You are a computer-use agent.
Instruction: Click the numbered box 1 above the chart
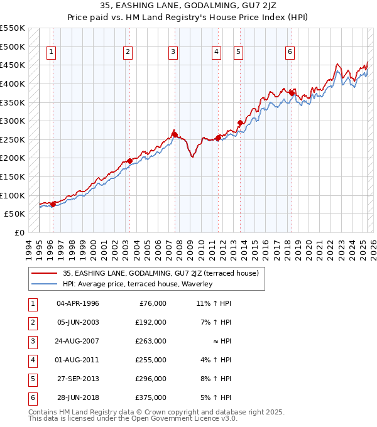click(x=50, y=52)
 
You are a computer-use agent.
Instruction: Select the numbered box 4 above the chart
click(x=216, y=52)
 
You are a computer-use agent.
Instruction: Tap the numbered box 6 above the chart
click(x=290, y=52)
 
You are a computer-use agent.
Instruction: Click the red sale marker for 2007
click(x=174, y=134)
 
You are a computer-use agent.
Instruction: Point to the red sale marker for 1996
click(x=53, y=203)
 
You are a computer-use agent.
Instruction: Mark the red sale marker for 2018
click(x=292, y=92)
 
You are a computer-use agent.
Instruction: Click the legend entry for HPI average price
click(x=138, y=284)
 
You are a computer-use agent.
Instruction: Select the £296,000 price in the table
click(x=151, y=379)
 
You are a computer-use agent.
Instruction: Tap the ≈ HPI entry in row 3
click(x=220, y=341)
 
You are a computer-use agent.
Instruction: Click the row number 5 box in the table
click(x=33, y=379)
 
